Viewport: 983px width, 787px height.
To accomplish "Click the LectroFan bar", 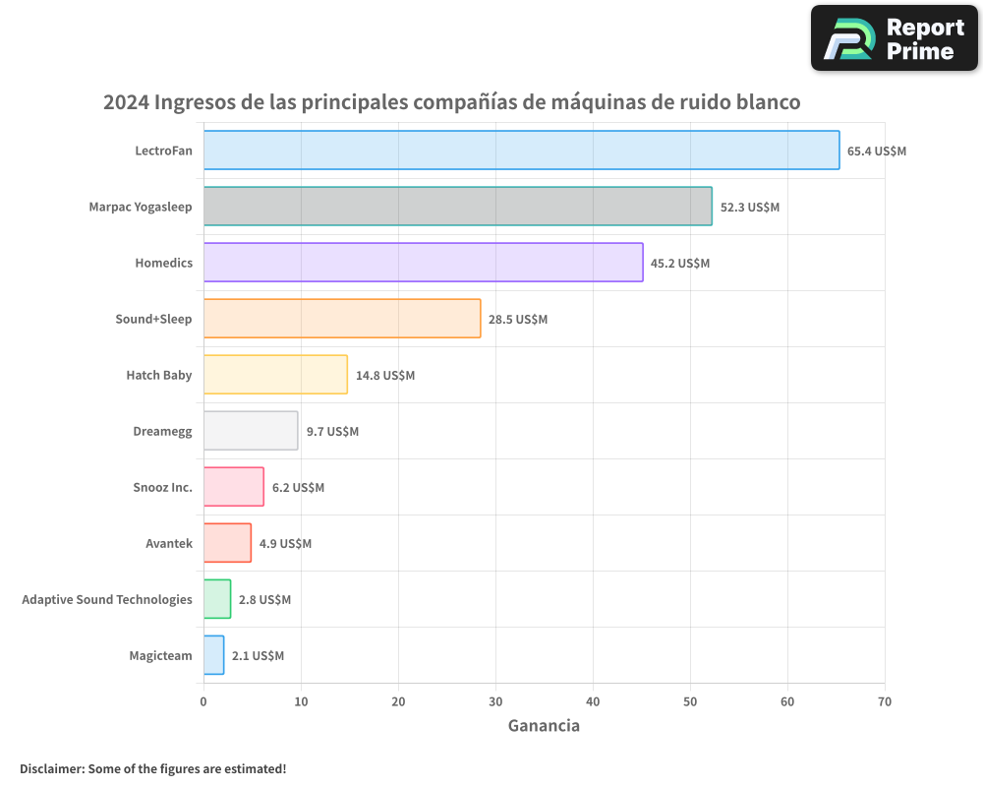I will point(521,151).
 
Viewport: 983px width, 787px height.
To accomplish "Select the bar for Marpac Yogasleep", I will point(457,207).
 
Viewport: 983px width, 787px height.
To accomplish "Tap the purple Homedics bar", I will point(423,263).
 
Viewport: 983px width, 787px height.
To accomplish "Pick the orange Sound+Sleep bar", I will point(342,319).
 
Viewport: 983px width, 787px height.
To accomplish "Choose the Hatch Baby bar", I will point(275,375).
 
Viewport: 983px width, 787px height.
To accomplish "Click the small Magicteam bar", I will point(213,655).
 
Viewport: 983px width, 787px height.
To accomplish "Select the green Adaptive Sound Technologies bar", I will point(217,599).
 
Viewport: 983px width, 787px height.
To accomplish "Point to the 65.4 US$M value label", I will point(876,151).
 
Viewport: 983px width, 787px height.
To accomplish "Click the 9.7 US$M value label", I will point(332,432).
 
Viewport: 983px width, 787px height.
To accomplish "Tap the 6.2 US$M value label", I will point(298,488).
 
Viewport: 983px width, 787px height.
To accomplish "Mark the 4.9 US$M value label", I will point(285,544).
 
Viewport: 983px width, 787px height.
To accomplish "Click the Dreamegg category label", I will point(162,431).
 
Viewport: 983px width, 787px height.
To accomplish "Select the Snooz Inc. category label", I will point(162,487).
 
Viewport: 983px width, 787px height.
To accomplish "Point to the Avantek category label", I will point(169,543).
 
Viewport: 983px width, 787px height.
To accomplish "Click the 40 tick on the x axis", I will point(593,701).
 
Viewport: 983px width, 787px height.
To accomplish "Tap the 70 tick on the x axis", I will point(885,701).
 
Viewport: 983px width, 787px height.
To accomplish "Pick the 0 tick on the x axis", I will point(203,701).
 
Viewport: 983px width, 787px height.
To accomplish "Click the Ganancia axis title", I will point(544,726).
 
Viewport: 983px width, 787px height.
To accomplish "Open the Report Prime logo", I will point(894,38).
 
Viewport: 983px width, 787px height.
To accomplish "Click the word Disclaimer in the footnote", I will point(51,768).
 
